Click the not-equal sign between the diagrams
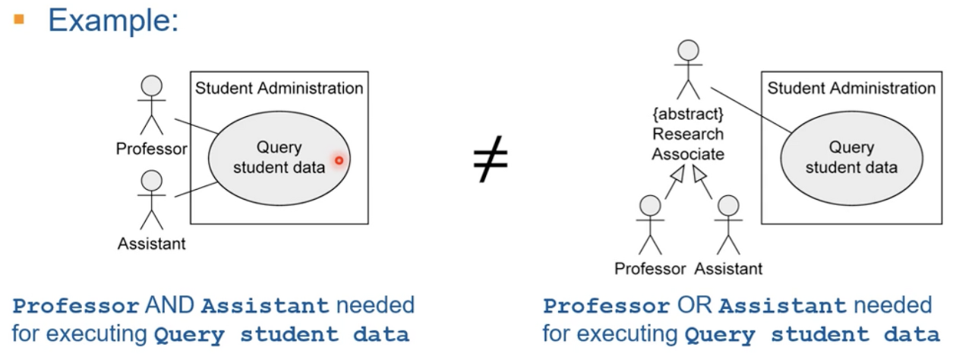(x=491, y=161)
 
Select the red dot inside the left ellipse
(x=339, y=160)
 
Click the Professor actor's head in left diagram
(x=152, y=84)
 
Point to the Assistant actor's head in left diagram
(x=152, y=180)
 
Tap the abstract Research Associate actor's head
(x=688, y=50)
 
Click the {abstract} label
(x=688, y=116)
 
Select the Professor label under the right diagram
(x=650, y=268)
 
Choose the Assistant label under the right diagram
(x=728, y=268)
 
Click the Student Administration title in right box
(x=851, y=88)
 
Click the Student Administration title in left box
(x=279, y=88)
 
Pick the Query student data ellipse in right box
(x=851, y=157)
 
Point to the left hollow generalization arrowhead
(x=677, y=176)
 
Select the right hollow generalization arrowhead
(x=700, y=176)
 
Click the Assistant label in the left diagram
(x=152, y=244)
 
